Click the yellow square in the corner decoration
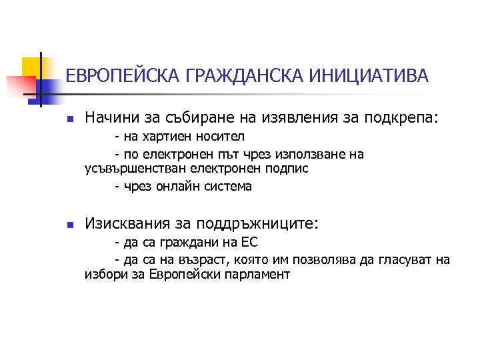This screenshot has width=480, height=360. tap(33, 67)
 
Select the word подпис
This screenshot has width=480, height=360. tap(287, 169)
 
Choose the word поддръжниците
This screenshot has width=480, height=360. tap(259, 224)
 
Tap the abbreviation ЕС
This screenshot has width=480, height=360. tap(248, 242)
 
